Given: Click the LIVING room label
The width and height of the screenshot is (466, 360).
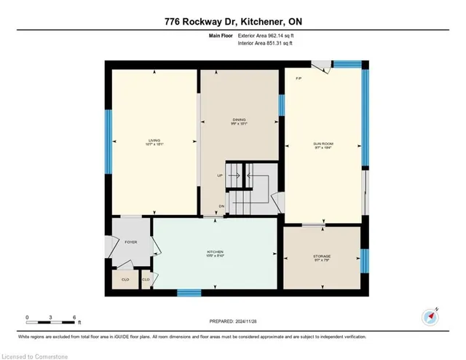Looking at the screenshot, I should click(154, 140).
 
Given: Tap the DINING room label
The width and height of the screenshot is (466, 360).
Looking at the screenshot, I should click(239, 120).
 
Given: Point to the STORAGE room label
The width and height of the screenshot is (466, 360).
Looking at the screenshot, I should click(322, 257).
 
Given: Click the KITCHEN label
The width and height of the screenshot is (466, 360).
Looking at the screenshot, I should click(214, 252).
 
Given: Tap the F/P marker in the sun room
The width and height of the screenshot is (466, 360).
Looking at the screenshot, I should click(299, 78).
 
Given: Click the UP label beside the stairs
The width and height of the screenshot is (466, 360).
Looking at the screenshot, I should click(220, 176).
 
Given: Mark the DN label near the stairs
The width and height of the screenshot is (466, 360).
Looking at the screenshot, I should click(221, 206).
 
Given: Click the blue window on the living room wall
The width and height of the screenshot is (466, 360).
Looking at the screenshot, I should click(108, 141).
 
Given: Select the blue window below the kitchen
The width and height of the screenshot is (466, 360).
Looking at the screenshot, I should click(189, 293).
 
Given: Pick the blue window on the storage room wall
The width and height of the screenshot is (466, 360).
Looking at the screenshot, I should click(366, 259).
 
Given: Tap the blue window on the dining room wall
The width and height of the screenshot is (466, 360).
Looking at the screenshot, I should click(281, 105).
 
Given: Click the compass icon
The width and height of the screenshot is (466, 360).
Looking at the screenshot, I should click(430, 317).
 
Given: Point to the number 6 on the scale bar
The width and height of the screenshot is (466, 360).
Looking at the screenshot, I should click(74, 317).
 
